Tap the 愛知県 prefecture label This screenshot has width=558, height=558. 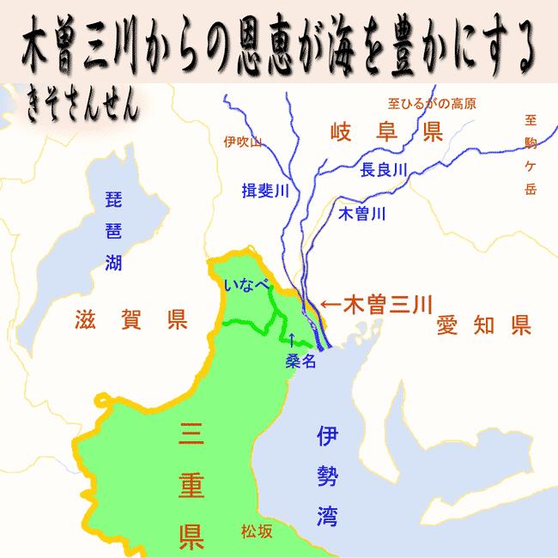[483, 324]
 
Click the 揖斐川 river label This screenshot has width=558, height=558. [264, 189]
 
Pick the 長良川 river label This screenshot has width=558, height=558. [383, 169]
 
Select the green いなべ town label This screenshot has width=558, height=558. [246, 284]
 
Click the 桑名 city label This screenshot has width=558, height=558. [301, 361]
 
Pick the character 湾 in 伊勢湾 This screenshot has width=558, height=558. [324, 517]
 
